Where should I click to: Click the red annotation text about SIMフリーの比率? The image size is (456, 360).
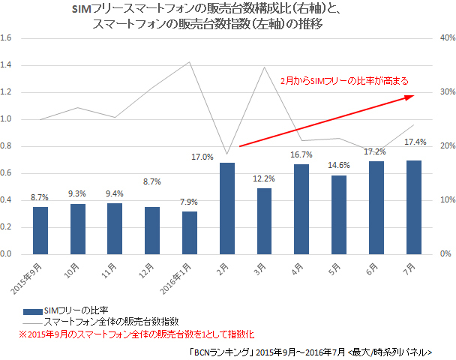tap(343, 79)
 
